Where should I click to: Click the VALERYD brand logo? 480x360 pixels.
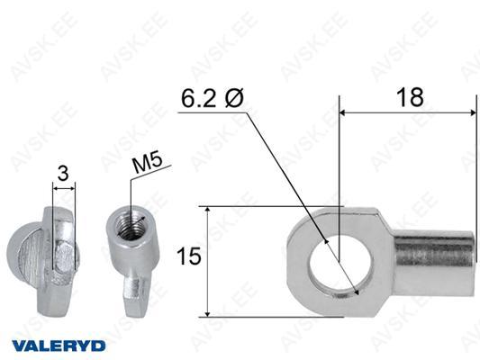pos(59,346)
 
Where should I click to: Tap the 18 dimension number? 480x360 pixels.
pos(410,97)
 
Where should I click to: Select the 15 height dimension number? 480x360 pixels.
pos(189,256)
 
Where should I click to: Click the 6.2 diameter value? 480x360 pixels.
pos(199,98)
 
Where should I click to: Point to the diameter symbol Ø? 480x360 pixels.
pos(234,98)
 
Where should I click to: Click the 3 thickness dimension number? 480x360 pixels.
pos(63,173)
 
